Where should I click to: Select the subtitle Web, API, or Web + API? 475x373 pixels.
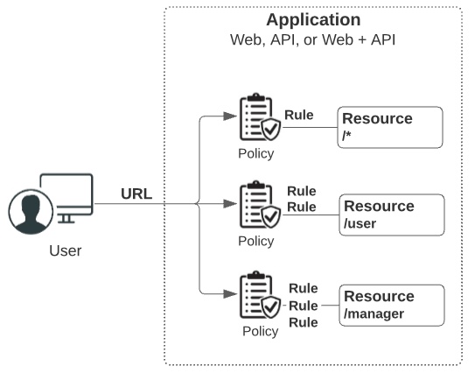tap(312, 40)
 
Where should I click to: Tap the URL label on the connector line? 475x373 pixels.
tap(136, 194)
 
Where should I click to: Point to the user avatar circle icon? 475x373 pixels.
tap(31, 214)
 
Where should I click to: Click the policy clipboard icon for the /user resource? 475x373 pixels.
tap(256, 207)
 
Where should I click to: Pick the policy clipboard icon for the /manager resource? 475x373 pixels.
tap(256, 297)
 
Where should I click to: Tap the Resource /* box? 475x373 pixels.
tap(390, 127)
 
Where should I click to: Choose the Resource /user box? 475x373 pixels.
tap(391, 215)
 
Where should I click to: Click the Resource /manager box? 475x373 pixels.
tap(392, 305)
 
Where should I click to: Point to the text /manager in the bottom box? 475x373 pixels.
tap(374, 313)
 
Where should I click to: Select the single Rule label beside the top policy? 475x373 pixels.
tap(299, 115)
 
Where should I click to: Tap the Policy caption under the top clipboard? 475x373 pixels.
tap(255, 154)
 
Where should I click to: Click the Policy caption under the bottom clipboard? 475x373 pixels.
tap(260, 331)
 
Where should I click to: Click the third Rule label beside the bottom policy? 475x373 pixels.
tap(304, 321)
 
